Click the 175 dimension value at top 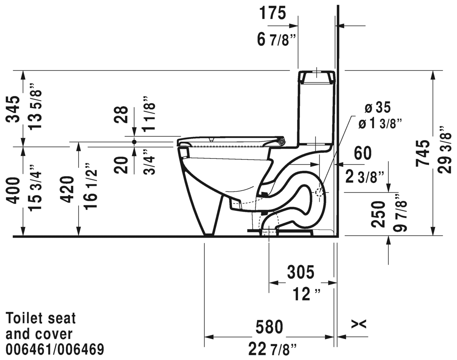[272, 13]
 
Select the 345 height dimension [14, 109]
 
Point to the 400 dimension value [14, 190]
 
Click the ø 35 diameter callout [378, 108]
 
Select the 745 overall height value [424, 153]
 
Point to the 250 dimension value [378, 214]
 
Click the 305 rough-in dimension [301, 272]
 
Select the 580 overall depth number [269, 327]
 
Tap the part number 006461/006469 [55, 349]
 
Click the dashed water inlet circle [319, 193]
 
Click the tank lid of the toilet [316, 77]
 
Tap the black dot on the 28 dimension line [134, 142]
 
